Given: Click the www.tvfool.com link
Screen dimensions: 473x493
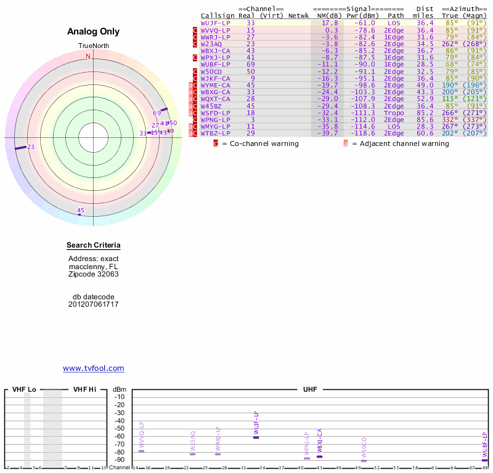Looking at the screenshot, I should click(x=94, y=368).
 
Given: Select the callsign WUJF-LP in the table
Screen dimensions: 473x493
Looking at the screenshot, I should click(x=215, y=23).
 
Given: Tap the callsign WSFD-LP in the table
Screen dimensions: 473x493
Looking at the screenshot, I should click(x=215, y=113).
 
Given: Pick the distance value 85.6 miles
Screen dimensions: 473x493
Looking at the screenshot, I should click(x=425, y=119).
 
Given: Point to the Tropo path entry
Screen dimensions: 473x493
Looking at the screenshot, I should click(x=394, y=113).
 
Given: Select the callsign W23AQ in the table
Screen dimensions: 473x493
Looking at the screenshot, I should click(x=211, y=44).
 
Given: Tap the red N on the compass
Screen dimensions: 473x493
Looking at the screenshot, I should click(x=88, y=57).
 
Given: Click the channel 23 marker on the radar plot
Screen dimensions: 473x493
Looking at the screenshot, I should click(x=21, y=147).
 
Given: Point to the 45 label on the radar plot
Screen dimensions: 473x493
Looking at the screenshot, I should click(x=81, y=211).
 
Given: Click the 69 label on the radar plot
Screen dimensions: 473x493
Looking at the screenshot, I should click(x=157, y=113).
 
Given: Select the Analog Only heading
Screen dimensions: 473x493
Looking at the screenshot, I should click(x=94, y=32).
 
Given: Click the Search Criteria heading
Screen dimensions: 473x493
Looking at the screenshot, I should click(x=94, y=246).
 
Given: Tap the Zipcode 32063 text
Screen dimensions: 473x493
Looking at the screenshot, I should click(x=94, y=274).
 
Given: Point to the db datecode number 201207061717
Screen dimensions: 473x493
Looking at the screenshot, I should click(x=94, y=304).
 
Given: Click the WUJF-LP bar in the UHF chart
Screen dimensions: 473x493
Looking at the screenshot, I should click(x=256, y=437).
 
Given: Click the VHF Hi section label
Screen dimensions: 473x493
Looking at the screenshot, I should click(x=85, y=390).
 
